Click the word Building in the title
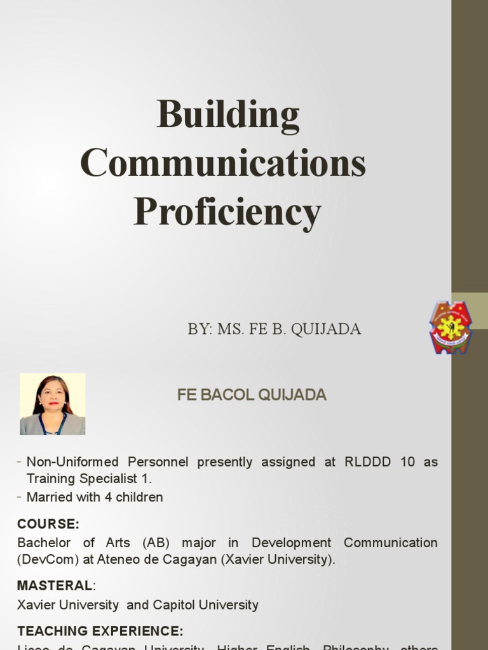coord(228,116)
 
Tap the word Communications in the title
coord(223,162)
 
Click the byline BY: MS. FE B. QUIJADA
coord(274,329)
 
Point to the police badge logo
coord(451,327)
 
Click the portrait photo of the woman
coord(52,404)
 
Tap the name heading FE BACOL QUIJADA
coord(252,395)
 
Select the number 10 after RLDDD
coord(407,461)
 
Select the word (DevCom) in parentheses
coord(46,559)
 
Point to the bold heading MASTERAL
coord(55,585)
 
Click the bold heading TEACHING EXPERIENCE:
coord(100,630)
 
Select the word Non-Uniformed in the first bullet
coord(72,461)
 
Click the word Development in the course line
coord(291,543)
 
